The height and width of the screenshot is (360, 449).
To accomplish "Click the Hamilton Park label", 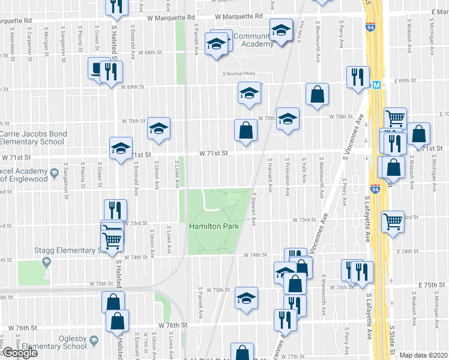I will [214, 226].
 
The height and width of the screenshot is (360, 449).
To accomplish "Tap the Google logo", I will [19, 353].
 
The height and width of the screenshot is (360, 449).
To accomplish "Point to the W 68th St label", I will [150, 53].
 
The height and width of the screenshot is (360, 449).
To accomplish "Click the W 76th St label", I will [173, 325].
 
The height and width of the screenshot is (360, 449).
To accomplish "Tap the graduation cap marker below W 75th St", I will [246, 298].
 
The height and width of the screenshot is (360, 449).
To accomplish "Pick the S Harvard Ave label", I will [271, 175].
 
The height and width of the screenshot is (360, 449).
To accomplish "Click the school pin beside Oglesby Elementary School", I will [94, 341].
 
